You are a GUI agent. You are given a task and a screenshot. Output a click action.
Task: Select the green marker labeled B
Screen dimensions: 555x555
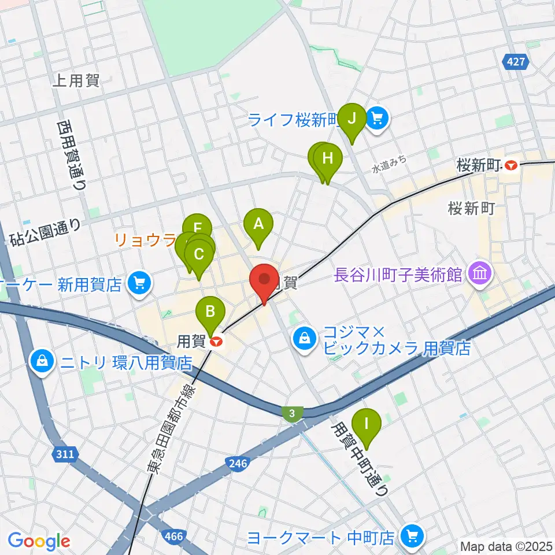coord(210,313)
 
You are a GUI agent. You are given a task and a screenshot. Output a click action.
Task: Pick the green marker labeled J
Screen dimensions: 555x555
coord(352,120)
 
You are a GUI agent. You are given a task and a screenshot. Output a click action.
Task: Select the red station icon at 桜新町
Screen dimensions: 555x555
coord(511,165)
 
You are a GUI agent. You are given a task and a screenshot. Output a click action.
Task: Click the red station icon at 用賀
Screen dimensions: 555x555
coord(217,342)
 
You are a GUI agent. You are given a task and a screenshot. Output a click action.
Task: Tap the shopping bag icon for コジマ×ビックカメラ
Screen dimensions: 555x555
coord(304,338)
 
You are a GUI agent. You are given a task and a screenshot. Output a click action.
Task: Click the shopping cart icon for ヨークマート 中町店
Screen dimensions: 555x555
coord(412,537)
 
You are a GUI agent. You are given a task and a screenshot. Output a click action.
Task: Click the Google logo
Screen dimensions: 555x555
coord(39,541)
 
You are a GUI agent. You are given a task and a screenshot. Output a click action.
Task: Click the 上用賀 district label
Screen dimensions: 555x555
coord(76,80)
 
